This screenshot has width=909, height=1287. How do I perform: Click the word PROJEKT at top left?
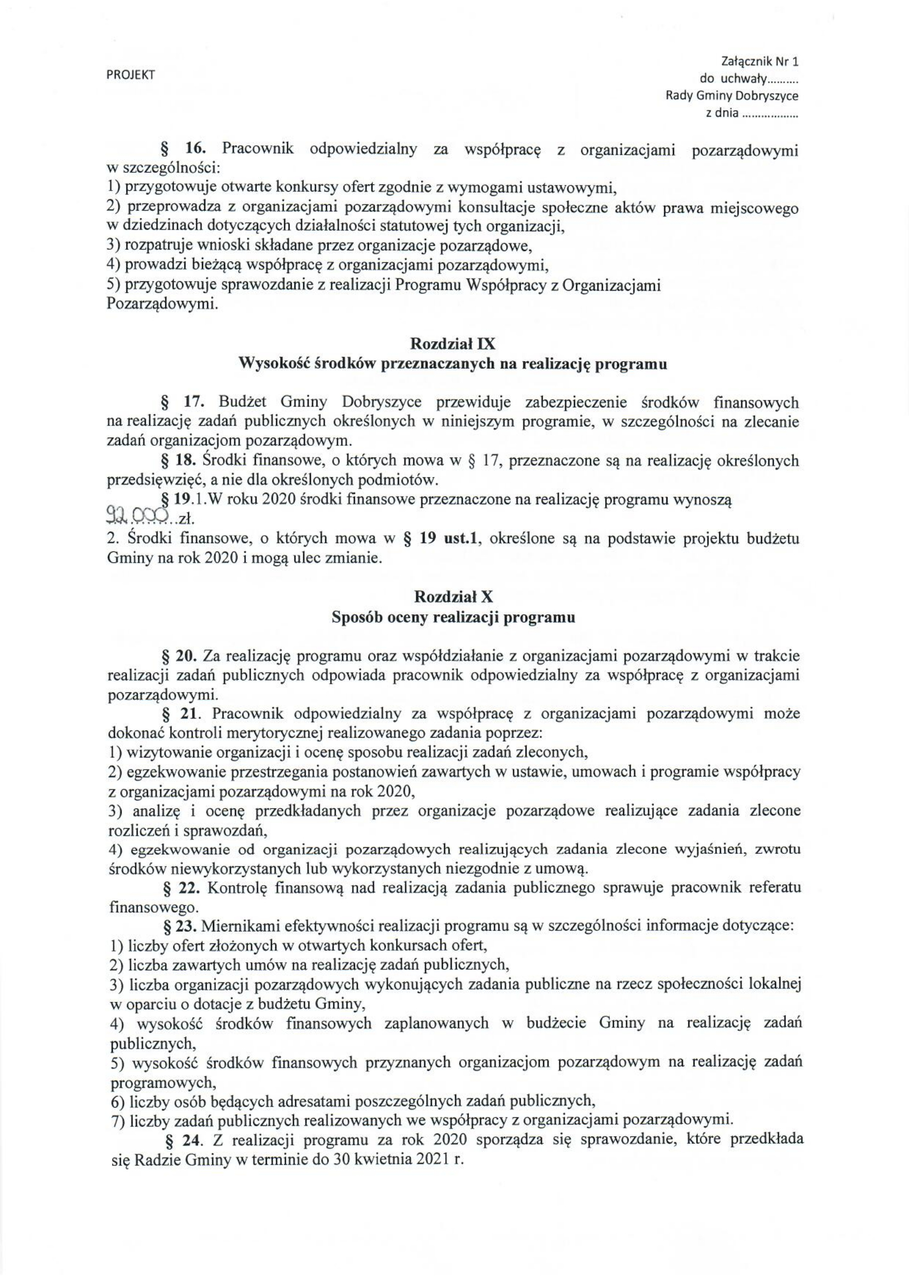tap(130, 75)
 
